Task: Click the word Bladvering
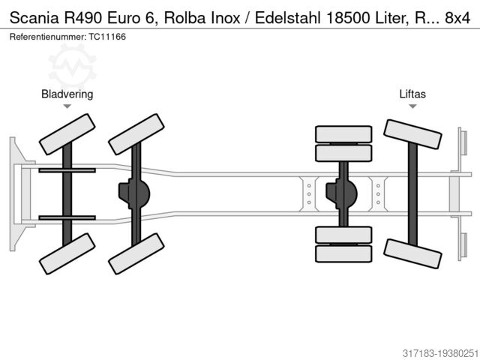[67, 94]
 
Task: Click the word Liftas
[412, 94]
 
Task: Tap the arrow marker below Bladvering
[67, 106]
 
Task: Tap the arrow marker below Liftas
[412, 106]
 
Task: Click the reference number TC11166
[108, 36]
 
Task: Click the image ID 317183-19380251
[430, 350]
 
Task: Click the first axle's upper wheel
[67, 134]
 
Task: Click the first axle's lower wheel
[67, 253]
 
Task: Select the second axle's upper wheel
[136, 134]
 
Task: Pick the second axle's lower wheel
[136, 253]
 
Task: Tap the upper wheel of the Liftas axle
[412, 134]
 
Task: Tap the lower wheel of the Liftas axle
[412, 253]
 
